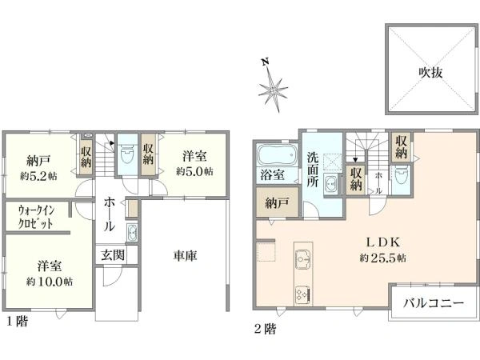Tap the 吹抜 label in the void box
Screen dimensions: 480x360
click(x=430, y=73)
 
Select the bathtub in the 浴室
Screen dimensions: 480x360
click(x=277, y=154)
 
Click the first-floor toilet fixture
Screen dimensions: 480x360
click(x=128, y=155)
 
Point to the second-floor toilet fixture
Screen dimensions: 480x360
click(x=402, y=176)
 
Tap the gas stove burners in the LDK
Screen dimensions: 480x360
click(x=303, y=294)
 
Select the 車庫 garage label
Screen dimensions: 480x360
click(x=185, y=256)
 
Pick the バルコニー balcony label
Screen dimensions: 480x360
click(x=433, y=304)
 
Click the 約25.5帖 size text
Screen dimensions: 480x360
click(x=383, y=258)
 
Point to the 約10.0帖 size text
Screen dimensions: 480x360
click(x=50, y=282)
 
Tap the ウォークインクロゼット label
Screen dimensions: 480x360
click(x=36, y=218)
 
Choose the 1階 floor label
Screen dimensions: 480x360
click(x=17, y=321)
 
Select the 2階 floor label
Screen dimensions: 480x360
click(x=266, y=329)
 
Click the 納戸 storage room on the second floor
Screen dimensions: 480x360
click(x=277, y=202)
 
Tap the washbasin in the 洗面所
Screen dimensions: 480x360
click(x=330, y=185)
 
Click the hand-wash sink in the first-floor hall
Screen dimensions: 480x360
click(x=132, y=234)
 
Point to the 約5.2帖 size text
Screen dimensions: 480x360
click(x=38, y=176)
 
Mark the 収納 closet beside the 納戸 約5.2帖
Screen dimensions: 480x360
click(x=86, y=157)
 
